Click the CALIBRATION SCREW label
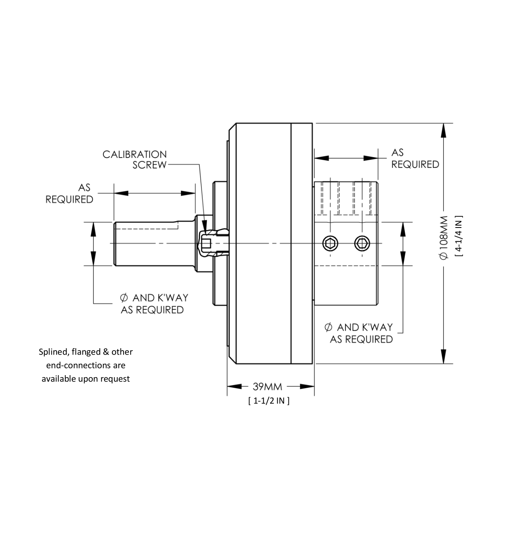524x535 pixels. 135,159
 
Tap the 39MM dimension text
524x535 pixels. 267,387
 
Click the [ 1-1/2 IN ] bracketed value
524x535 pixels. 269,400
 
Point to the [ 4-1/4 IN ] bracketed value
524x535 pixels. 459,237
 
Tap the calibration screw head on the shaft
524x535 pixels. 206,243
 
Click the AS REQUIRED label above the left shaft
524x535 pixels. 69,193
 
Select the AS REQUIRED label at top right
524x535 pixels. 415,158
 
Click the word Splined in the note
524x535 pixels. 52,352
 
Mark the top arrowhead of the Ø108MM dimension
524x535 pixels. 444,131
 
